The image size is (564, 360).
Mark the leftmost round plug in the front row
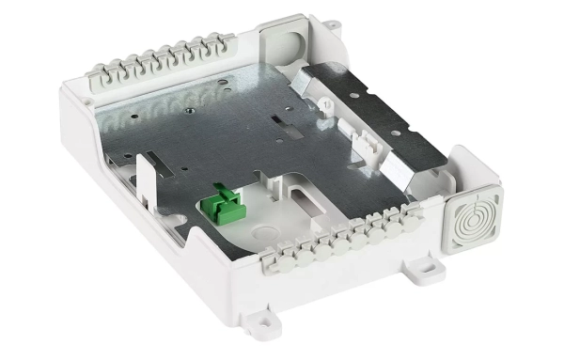(x=278, y=253)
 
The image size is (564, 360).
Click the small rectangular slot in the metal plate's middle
(x=279, y=124)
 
